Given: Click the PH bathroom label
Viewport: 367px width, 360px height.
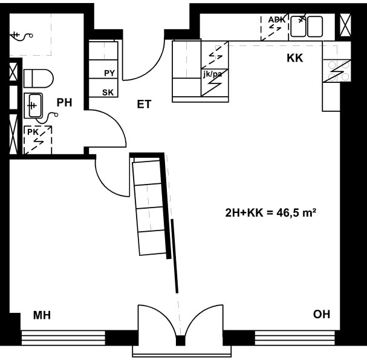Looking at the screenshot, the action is point(64,103).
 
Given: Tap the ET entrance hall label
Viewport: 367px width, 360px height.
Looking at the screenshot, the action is point(144,104).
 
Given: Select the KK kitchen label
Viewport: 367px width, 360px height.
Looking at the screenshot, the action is point(295,58).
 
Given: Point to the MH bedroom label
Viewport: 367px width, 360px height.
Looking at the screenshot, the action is point(42,315).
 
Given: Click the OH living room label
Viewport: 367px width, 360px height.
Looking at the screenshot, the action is point(322,315).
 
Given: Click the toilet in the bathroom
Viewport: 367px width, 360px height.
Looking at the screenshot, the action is point(39,78).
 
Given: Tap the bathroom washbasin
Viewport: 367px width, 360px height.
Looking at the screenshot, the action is point(33,106).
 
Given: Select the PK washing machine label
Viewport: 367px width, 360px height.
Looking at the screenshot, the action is point(33,132).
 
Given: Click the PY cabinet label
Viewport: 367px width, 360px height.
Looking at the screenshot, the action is point(109,73).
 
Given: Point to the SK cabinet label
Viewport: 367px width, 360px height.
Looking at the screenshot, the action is point(108,93).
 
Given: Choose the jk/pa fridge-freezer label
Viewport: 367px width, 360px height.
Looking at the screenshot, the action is point(213,74).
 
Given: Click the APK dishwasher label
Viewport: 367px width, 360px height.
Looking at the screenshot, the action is point(277,20).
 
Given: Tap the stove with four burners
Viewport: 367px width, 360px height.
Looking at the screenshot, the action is point(337,71).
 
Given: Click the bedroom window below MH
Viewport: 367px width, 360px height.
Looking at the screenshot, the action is point(63,338).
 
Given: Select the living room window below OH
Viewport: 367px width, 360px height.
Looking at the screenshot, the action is point(295,338).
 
